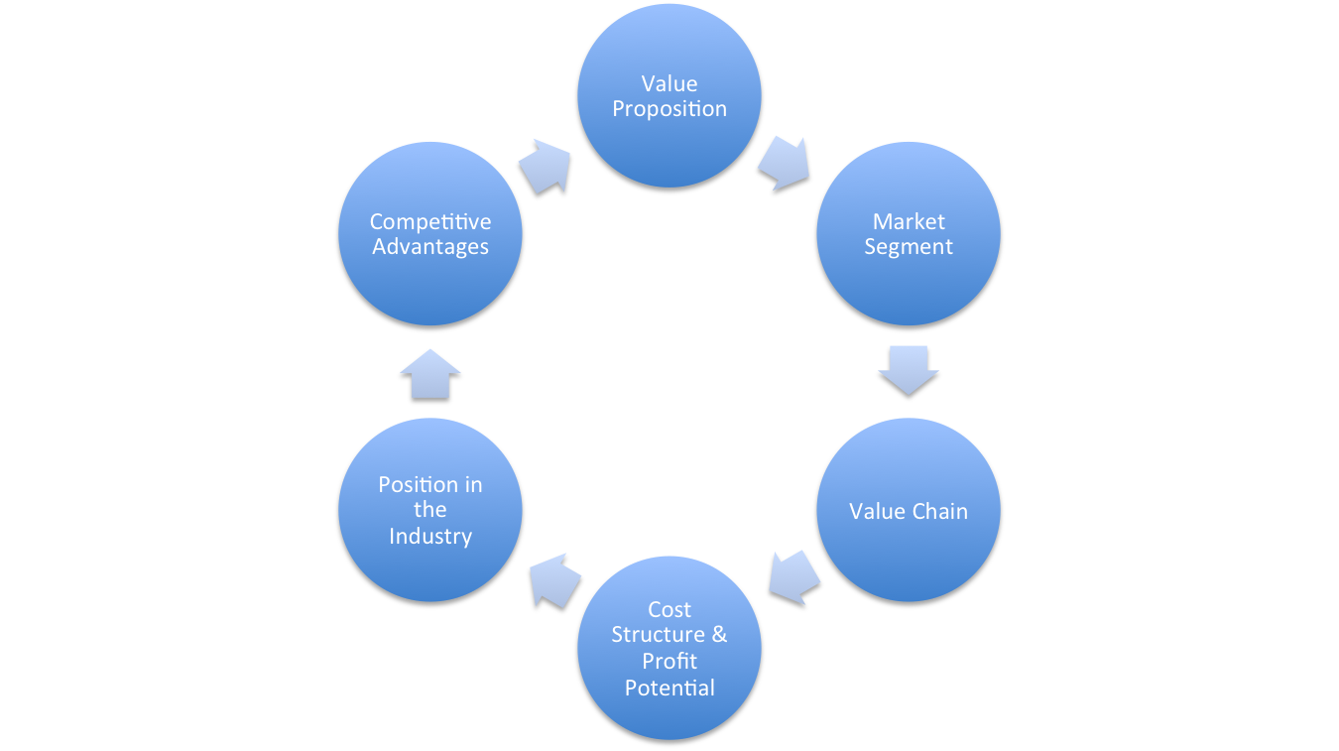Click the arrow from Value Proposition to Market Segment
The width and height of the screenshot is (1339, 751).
pos(785,164)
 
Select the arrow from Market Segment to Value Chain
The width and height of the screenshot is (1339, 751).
pos(909,370)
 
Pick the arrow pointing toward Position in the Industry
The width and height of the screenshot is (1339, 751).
pos(554,580)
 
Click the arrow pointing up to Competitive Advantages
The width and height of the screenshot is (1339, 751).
pos(430,374)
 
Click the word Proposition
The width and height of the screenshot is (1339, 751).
pos(669,110)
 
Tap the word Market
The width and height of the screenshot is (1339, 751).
pos(909,222)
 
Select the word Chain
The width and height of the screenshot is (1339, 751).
pos(939,511)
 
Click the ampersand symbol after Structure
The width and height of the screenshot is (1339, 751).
pos(719,634)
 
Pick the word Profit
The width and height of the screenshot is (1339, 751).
pos(669,662)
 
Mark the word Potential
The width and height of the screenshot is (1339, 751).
pos(669,688)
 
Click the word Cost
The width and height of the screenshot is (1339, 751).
pos(669,609)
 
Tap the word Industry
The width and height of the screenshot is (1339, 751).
pos(430,537)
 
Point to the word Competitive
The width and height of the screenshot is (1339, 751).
pos(430,222)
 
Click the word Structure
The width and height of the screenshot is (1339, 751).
pos(659,634)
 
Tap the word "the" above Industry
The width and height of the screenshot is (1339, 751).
pos(430,510)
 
